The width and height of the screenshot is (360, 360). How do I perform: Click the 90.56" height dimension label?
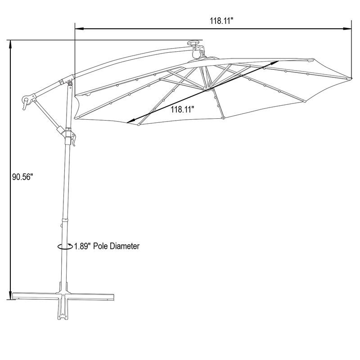point(23,177)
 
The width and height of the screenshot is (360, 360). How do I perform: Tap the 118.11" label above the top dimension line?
point(221,21)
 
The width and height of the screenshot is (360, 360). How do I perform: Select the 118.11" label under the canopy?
point(183,109)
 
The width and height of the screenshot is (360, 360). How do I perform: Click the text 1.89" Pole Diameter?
point(107,246)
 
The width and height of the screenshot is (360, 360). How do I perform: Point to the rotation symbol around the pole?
point(65,246)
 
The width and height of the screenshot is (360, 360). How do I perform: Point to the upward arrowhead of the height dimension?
point(10,45)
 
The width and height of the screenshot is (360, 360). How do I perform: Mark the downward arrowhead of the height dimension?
point(10,295)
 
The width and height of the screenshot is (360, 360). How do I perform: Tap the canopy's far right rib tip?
point(351,78)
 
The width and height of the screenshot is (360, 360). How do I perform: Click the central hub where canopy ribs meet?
point(207,89)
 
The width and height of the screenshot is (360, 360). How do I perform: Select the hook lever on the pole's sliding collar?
point(73,139)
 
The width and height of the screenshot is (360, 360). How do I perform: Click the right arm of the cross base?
point(92,297)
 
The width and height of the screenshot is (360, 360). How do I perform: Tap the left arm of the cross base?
point(35,296)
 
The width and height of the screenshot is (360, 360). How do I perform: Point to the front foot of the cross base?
point(63,310)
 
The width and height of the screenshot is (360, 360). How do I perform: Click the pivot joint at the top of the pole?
point(70,82)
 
